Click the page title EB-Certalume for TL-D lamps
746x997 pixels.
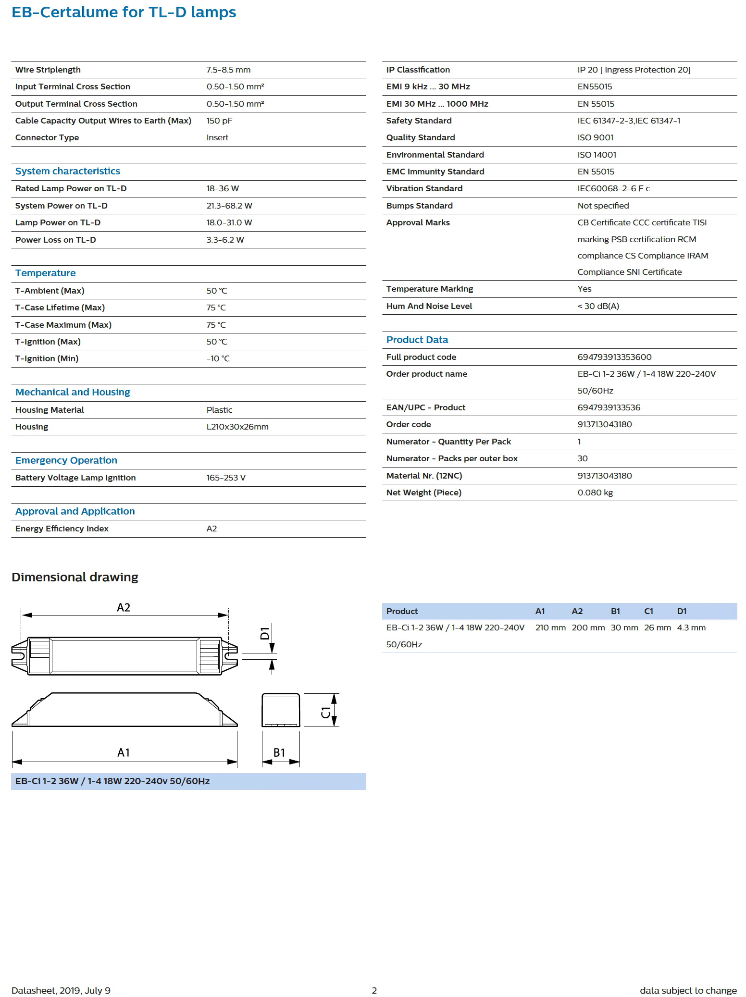pos(124,12)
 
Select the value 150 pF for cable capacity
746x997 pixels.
pos(219,121)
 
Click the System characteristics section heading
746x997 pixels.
pos(68,171)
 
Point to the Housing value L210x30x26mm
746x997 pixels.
pos(237,427)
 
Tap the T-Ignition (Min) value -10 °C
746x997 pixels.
pos(218,358)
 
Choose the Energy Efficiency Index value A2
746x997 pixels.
pos(211,529)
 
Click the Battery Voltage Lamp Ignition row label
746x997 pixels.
pos(75,478)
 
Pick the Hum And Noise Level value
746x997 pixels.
pos(598,306)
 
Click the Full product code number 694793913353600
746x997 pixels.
pos(614,357)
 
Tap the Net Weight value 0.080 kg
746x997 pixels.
pos(595,492)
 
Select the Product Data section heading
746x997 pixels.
pos(417,340)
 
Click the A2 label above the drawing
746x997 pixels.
pos(124,607)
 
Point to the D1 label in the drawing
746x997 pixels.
pos(265,633)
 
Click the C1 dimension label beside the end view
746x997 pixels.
pos(326,712)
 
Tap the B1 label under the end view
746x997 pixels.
pos(279,752)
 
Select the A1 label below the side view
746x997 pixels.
pos(124,752)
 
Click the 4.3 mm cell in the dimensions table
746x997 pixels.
pos(691,628)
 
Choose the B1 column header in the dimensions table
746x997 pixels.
pos(615,611)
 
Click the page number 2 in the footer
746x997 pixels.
pos(374,990)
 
